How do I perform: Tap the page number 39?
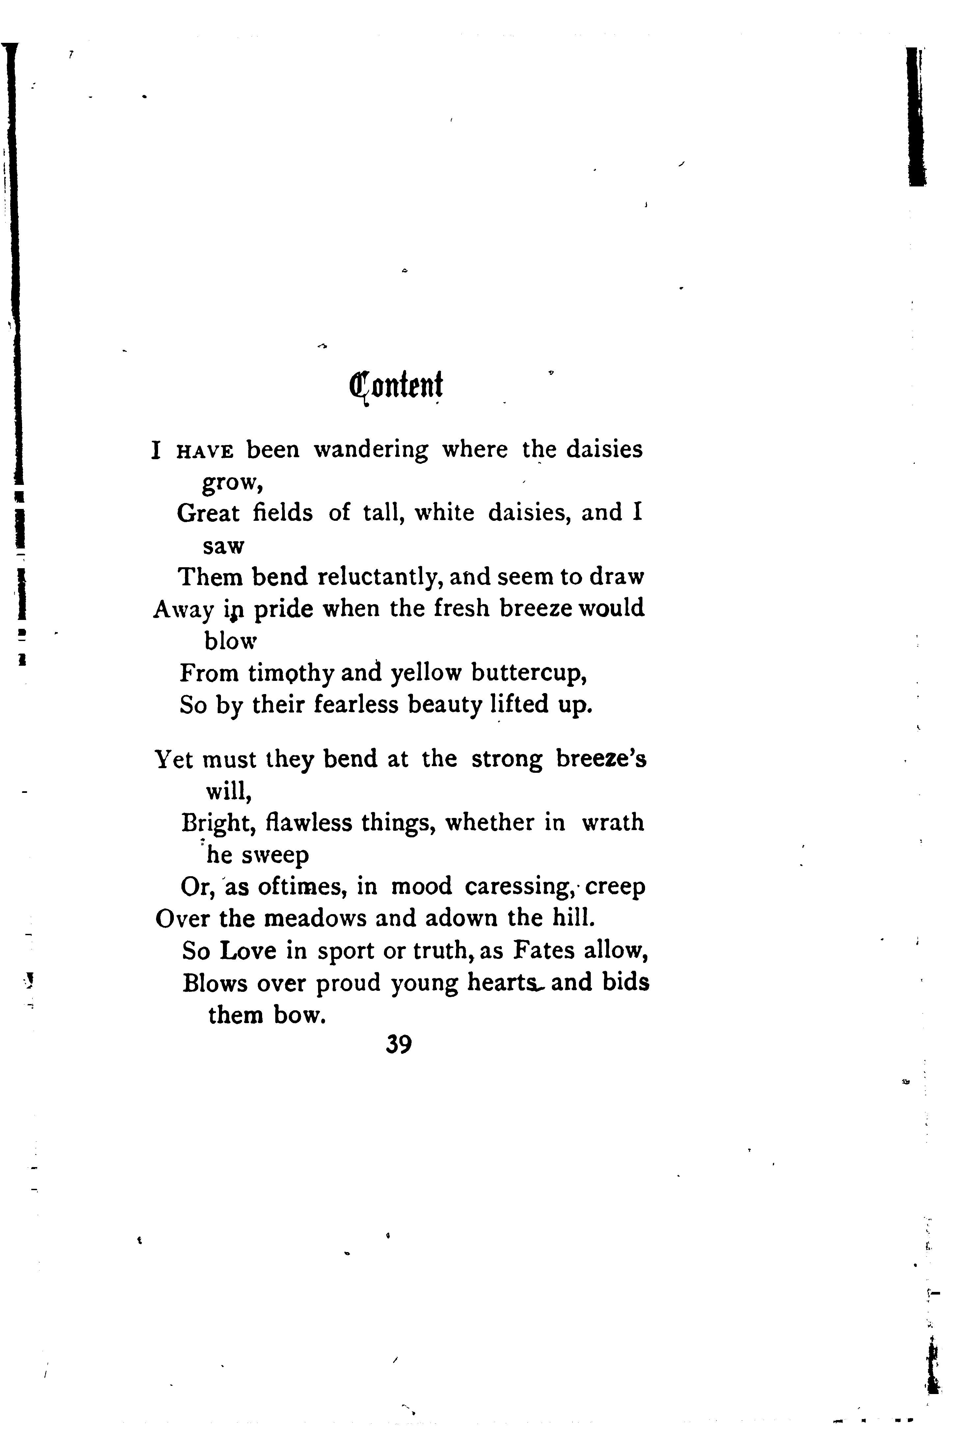[x=398, y=1044]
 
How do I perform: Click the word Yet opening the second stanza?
[x=174, y=760]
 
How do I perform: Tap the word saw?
[x=224, y=546]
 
